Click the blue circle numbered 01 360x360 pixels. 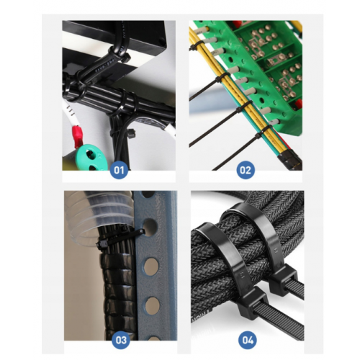point(119,170)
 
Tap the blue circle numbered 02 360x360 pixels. point(246,170)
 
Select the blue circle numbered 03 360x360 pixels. point(121,340)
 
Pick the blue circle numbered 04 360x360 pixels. point(248,340)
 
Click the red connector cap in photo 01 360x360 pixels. point(78,136)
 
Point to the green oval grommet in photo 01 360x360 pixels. point(88,158)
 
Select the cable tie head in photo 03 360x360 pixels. point(102,245)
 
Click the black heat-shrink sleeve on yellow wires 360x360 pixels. point(289,159)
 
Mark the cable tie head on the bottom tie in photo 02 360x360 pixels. point(258,135)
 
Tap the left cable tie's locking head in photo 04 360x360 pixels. point(254,303)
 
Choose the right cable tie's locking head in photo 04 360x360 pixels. point(283,281)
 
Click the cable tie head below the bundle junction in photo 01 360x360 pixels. point(131,133)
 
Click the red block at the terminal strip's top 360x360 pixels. point(237,24)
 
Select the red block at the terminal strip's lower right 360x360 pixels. point(299,104)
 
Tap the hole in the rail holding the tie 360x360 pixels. point(150,228)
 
